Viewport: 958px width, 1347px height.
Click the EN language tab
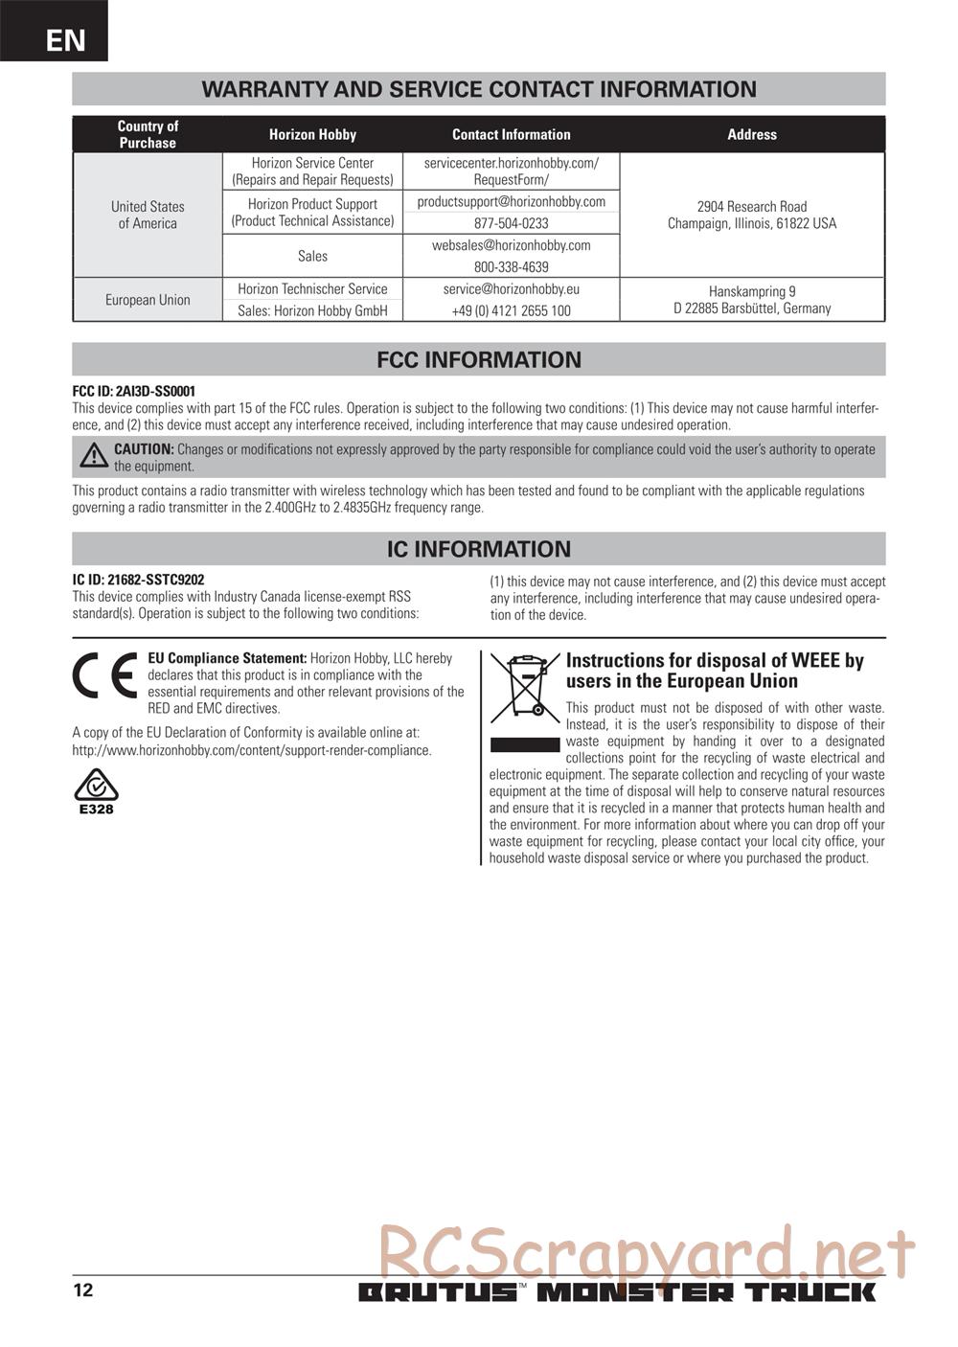(64, 40)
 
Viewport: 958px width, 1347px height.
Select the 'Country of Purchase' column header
(148, 134)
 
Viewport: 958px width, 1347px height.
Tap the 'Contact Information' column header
(511, 135)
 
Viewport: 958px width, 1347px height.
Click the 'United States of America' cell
(148, 215)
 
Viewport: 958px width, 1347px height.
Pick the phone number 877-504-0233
(511, 223)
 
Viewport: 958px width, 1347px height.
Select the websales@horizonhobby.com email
(511, 245)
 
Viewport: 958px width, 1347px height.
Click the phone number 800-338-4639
(511, 267)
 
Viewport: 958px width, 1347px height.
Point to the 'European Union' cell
(148, 300)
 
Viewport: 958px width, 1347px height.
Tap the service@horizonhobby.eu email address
(511, 288)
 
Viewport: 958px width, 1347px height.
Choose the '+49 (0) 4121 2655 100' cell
(511, 310)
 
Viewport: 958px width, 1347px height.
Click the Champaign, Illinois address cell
(751, 215)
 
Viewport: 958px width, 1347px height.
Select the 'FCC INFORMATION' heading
(478, 360)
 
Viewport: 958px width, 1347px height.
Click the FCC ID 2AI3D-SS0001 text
(134, 391)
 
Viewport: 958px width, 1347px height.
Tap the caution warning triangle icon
(94, 456)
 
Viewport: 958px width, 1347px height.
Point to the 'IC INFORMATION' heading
(478, 549)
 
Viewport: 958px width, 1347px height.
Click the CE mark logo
(104, 677)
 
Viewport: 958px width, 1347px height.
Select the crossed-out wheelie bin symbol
(524, 687)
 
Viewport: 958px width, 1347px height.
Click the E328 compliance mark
(96, 792)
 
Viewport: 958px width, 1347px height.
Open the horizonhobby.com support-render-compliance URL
(251, 750)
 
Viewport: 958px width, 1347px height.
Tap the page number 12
(83, 1290)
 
